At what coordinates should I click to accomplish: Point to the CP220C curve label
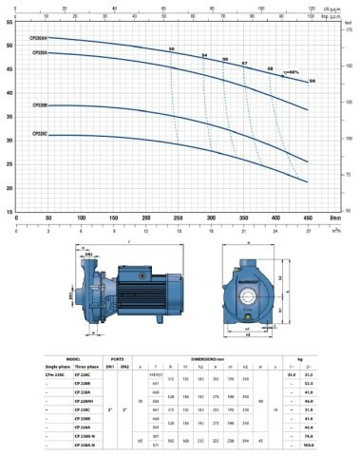pyautogui.click(x=40, y=136)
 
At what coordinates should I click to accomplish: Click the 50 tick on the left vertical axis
pyautogui.click(x=9, y=45)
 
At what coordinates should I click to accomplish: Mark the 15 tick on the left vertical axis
pyautogui.click(x=9, y=212)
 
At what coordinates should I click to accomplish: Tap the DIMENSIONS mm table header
pyautogui.click(x=233, y=358)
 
